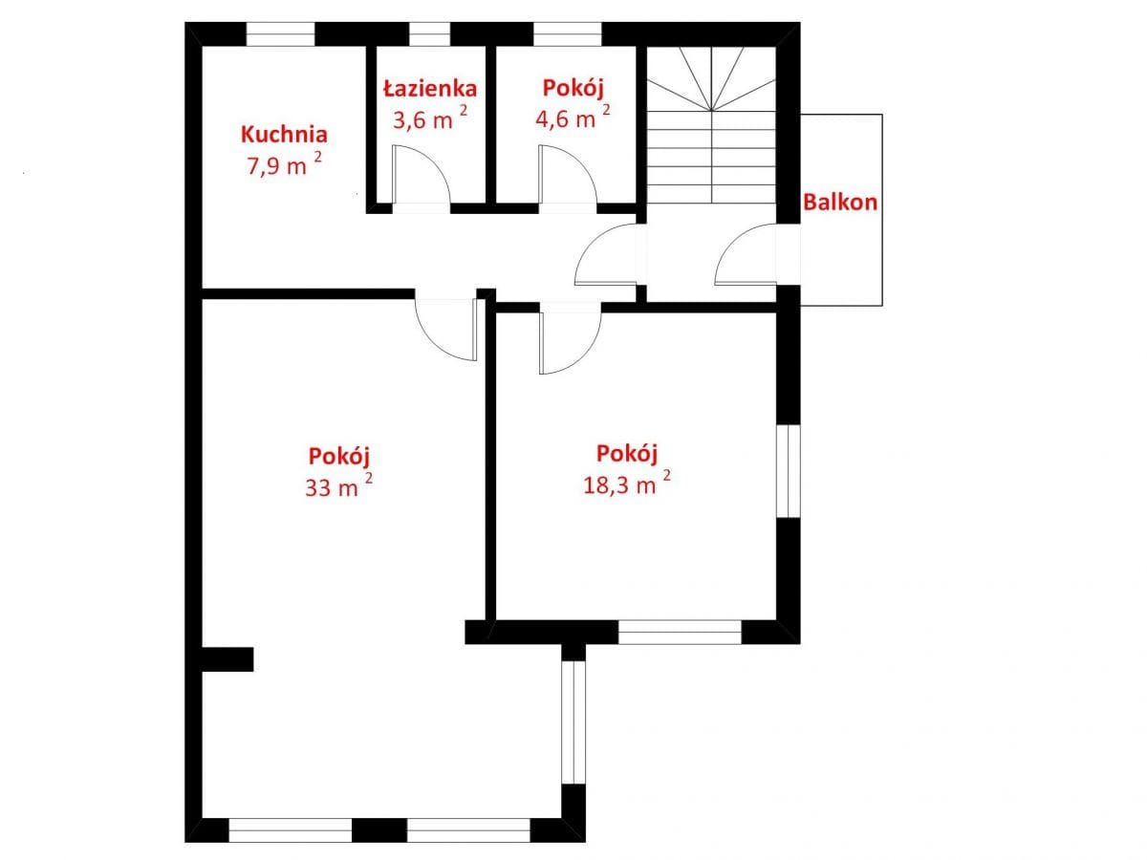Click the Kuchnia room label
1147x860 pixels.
pos(284,134)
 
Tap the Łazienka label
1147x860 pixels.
pos(430,88)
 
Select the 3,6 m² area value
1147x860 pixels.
pos(430,117)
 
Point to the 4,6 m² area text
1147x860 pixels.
pos(573,116)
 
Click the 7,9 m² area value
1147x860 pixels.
pos(284,162)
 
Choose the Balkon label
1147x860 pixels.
pos(840,202)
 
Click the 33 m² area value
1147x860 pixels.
pos(338,484)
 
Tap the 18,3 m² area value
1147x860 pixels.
pos(626,483)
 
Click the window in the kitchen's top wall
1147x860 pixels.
pos(280,34)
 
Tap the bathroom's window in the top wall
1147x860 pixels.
pos(429,34)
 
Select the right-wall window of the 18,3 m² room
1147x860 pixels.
pos(789,470)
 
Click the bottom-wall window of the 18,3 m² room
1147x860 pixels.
pos(680,632)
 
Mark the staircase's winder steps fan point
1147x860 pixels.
pos(711,110)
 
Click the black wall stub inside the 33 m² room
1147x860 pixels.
pos(227,659)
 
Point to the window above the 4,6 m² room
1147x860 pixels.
pos(567,34)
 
